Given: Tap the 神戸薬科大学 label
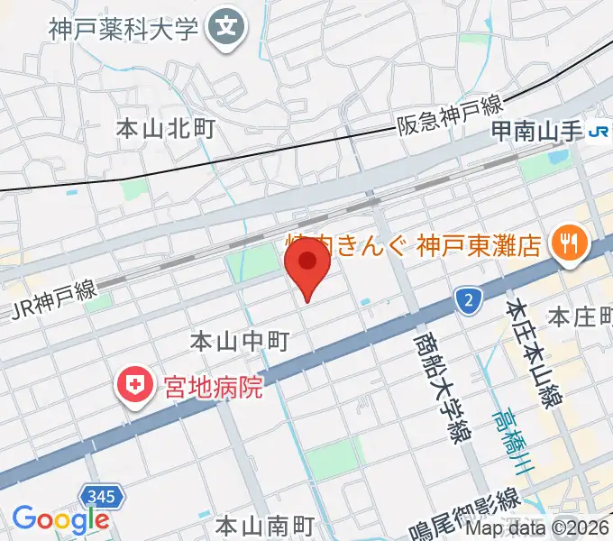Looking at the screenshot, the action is (124, 30).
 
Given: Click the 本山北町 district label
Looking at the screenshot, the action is (166, 129).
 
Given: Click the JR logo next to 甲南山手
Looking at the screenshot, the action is (599, 133).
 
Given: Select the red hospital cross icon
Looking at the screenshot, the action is (135, 388).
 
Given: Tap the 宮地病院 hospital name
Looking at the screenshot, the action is (212, 389).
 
